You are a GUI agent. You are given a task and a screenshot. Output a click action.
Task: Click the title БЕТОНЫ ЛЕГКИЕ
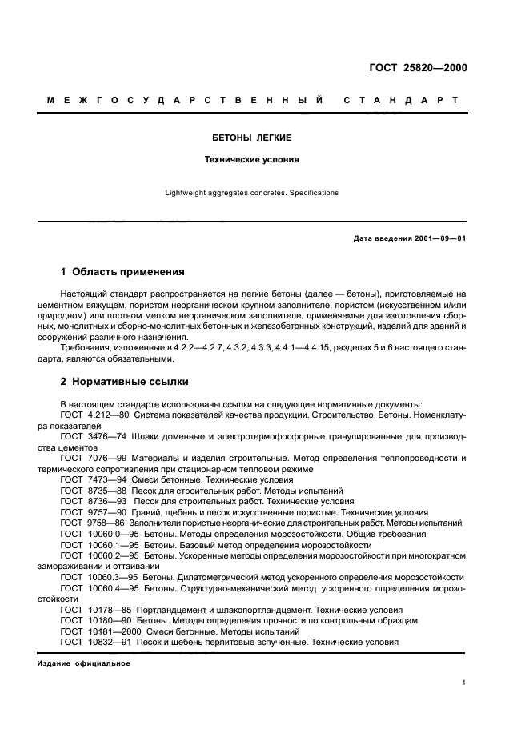tap(251, 138)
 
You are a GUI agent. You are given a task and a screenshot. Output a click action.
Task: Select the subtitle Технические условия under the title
tap(251, 159)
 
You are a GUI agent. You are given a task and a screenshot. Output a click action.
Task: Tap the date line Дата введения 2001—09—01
tap(409, 239)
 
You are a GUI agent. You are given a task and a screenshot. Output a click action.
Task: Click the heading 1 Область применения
tap(122, 272)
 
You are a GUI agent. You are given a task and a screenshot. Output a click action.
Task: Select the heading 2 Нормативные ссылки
tap(125, 382)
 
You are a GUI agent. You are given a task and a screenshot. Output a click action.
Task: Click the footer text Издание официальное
tap(83, 663)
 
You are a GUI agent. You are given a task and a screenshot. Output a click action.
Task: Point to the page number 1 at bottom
tap(464, 683)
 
